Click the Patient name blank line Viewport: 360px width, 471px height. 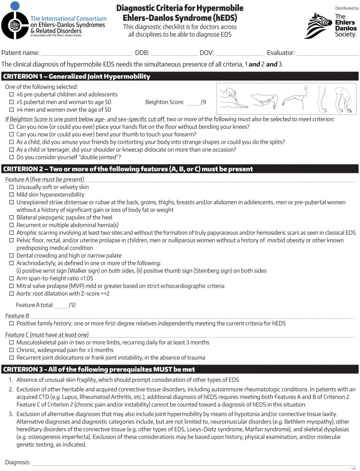(x=86, y=53)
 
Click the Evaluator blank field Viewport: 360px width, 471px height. (x=327, y=53)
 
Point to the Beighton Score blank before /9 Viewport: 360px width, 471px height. (x=192, y=102)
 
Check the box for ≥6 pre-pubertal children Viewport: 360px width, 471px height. (x=12, y=94)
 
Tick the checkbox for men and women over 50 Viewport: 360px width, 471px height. (x=12, y=110)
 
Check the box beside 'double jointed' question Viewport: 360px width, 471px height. (x=12, y=158)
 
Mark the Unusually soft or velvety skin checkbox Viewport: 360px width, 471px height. (x=12, y=187)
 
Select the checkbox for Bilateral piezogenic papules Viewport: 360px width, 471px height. (x=12, y=217)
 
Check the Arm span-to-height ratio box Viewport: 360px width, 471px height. (x=12, y=279)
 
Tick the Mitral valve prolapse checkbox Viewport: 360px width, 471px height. (x=12, y=286)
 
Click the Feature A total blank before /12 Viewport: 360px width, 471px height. (x=61, y=305)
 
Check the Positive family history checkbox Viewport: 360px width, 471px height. (x=12, y=323)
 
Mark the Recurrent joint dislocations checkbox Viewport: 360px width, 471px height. (x=12, y=358)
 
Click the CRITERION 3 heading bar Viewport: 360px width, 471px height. (x=180, y=369)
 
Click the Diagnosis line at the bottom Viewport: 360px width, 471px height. (x=193, y=463)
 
